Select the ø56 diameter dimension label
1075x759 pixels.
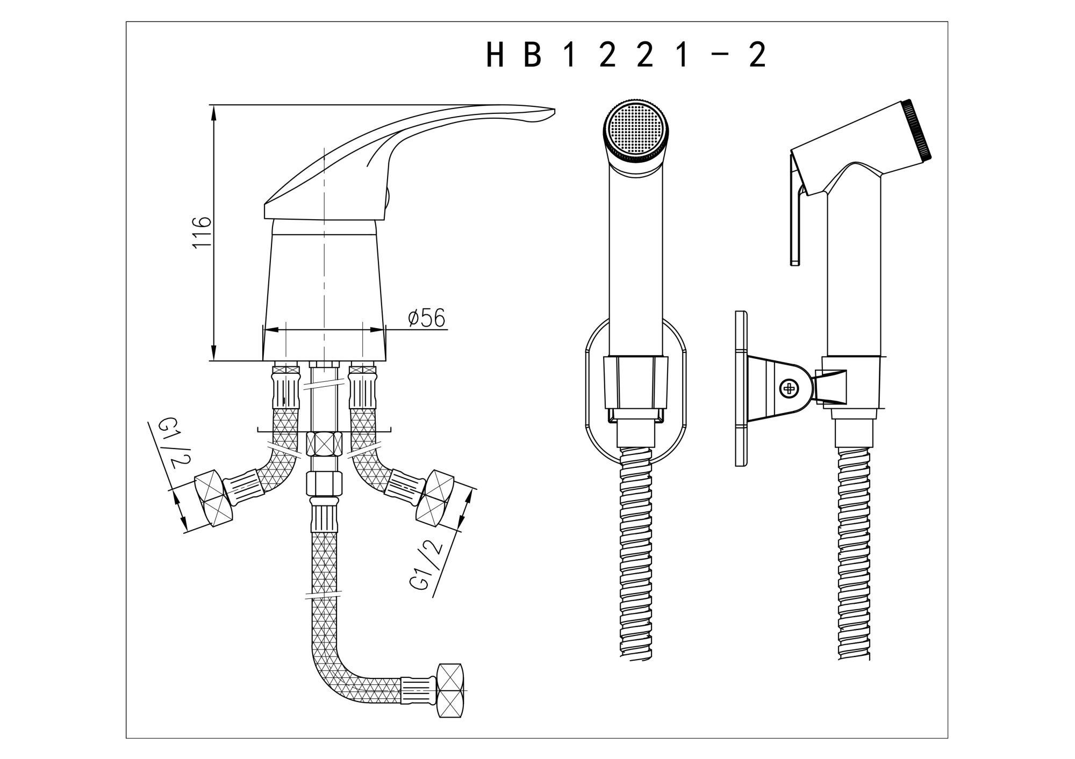click(x=426, y=319)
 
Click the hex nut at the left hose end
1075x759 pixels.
click(x=214, y=499)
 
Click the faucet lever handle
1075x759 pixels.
click(x=408, y=161)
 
